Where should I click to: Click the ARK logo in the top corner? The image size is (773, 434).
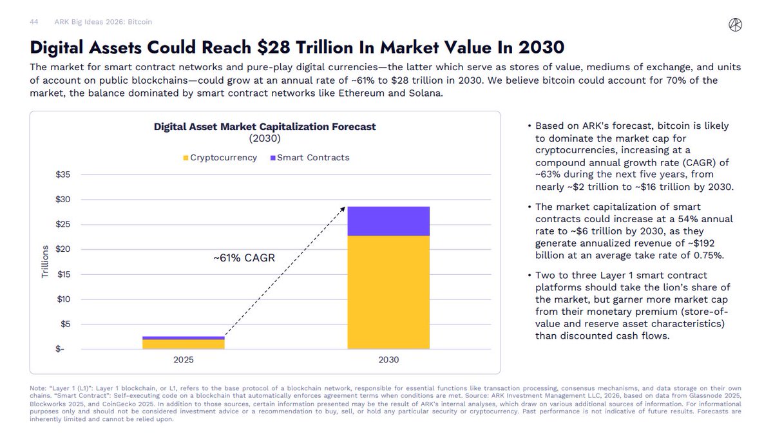(x=735, y=24)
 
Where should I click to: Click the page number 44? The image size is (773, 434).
(x=34, y=22)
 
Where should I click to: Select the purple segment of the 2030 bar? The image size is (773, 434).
(x=388, y=222)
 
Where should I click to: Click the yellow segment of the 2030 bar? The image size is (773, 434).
(x=388, y=292)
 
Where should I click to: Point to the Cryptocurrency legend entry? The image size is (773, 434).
(x=220, y=158)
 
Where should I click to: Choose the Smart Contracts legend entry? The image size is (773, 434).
(x=309, y=158)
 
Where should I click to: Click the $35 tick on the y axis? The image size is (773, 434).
(x=63, y=175)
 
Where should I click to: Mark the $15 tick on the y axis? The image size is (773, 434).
(x=63, y=274)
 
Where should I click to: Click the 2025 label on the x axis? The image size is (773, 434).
(x=184, y=360)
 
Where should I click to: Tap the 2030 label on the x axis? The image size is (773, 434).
(x=388, y=360)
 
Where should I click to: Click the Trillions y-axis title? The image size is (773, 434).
(x=46, y=262)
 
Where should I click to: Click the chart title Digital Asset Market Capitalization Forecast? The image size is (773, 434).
(x=265, y=127)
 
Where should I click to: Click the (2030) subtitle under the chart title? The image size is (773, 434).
(x=265, y=138)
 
